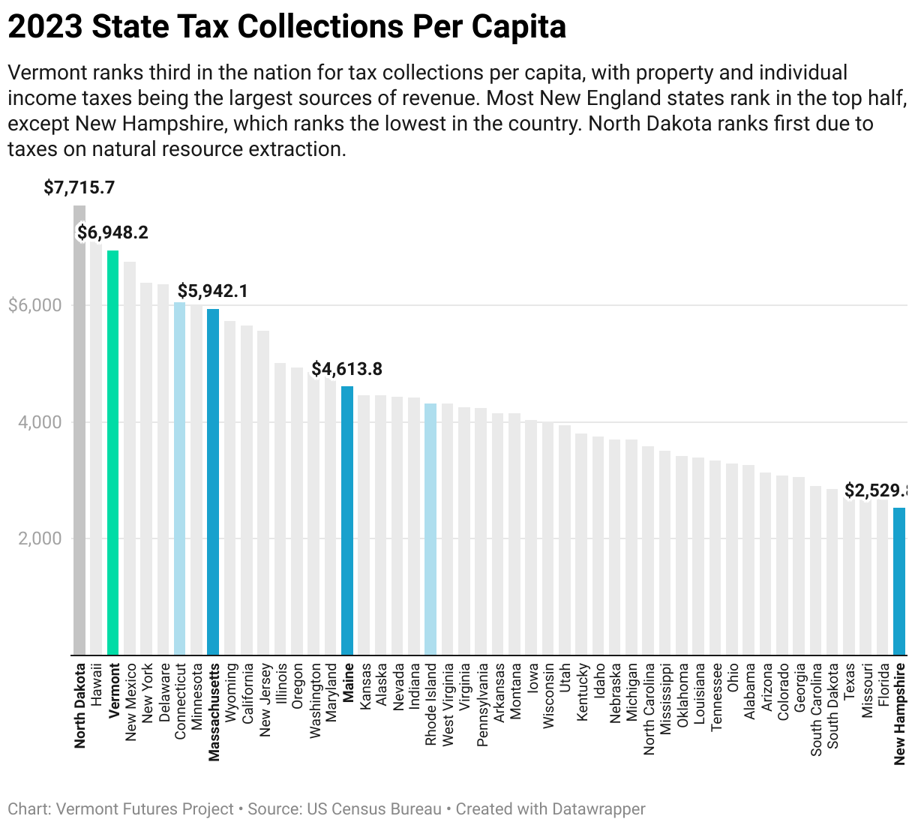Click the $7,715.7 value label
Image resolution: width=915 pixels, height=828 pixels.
pyautogui.click(x=79, y=187)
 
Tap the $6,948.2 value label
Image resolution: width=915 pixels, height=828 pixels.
pyautogui.click(x=113, y=232)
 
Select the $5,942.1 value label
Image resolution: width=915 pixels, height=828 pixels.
pyautogui.click(x=213, y=291)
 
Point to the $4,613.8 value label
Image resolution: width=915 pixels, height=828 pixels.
pyautogui.click(x=347, y=369)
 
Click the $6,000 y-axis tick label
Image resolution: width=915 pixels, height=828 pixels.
pyautogui.click(x=34, y=305)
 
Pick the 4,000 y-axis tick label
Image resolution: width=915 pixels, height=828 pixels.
pyautogui.click(x=40, y=422)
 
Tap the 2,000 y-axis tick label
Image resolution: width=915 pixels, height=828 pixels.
pyautogui.click(x=40, y=538)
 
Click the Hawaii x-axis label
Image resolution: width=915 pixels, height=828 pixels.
pyautogui.click(x=97, y=682)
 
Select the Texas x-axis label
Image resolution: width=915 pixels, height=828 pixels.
pyautogui.click(x=849, y=681)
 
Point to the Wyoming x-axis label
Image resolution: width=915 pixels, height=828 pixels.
pyautogui.click(x=230, y=689)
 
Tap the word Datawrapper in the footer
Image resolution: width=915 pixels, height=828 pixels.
pyautogui.click(x=598, y=809)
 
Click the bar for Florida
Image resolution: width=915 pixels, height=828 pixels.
pyautogui.click(x=883, y=577)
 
